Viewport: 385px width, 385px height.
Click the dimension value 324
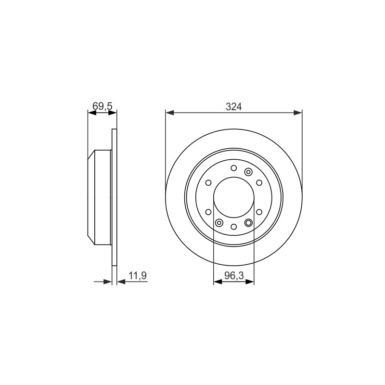(x=234, y=106)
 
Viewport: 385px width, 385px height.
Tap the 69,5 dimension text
(x=103, y=106)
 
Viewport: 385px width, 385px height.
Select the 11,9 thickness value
(x=138, y=275)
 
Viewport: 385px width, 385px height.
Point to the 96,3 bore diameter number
(x=234, y=276)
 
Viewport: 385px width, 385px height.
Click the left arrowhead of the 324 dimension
(x=170, y=113)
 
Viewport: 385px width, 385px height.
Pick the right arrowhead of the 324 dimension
(x=298, y=113)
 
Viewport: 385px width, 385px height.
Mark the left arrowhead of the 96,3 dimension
(x=218, y=282)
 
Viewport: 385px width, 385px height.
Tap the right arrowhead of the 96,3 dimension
(x=250, y=282)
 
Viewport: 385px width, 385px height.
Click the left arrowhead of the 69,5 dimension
(x=92, y=113)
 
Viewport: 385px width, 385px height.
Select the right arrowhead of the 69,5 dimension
(x=113, y=113)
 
